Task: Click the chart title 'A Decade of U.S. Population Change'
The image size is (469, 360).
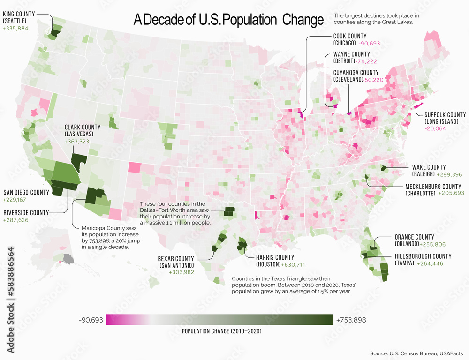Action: [x=228, y=20]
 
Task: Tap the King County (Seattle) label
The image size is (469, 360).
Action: [x=19, y=17]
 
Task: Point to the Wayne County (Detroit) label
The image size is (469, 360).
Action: [x=351, y=57]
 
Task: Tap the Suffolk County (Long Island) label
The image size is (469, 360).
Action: [x=445, y=118]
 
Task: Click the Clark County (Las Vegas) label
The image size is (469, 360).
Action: [x=83, y=130]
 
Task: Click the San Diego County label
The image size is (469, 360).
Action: [x=26, y=192]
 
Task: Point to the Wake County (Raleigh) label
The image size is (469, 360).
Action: [x=429, y=170]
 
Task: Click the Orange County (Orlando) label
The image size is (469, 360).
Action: [x=414, y=240]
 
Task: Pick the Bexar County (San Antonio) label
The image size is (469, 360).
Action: [x=175, y=262]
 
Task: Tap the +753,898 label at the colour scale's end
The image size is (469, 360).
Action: [x=351, y=320]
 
